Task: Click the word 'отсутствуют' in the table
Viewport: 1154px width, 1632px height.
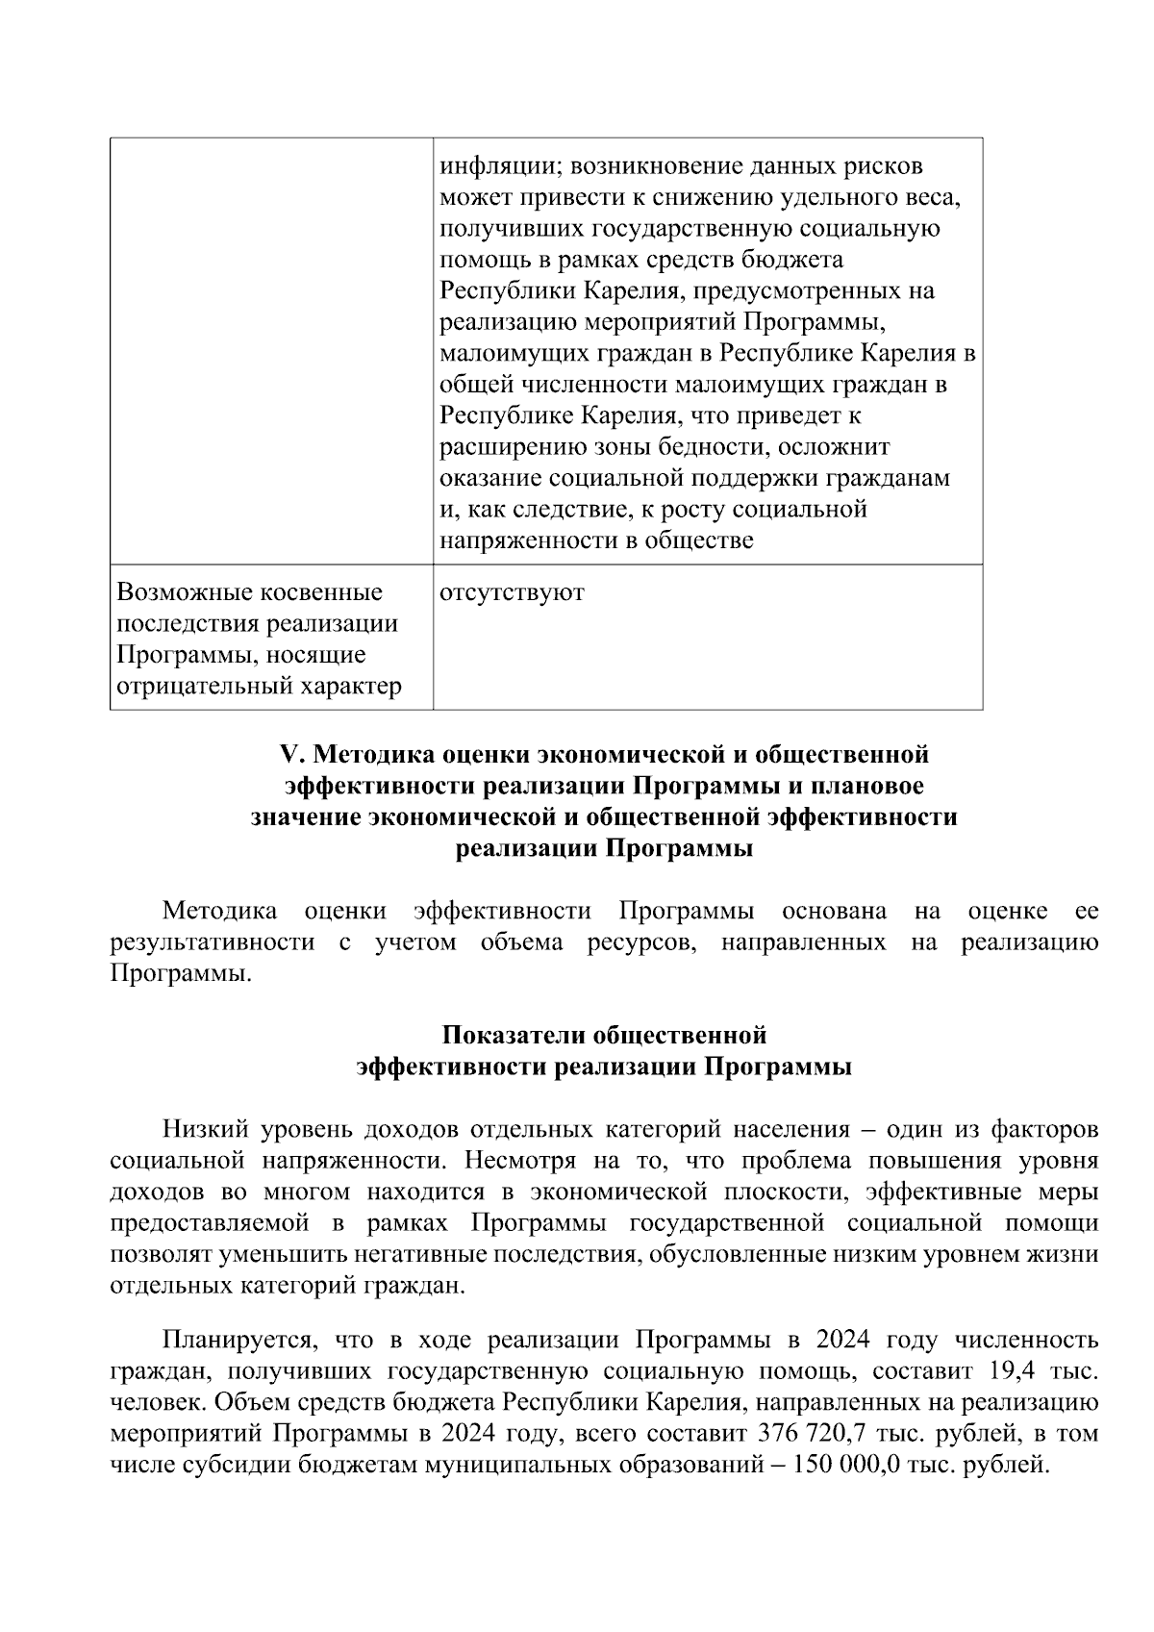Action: [512, 592]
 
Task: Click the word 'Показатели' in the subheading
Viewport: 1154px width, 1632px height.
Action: [514, 1036]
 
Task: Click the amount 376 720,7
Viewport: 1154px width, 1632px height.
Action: [815, 1434]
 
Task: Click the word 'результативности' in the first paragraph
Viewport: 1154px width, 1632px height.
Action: [213, 942]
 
